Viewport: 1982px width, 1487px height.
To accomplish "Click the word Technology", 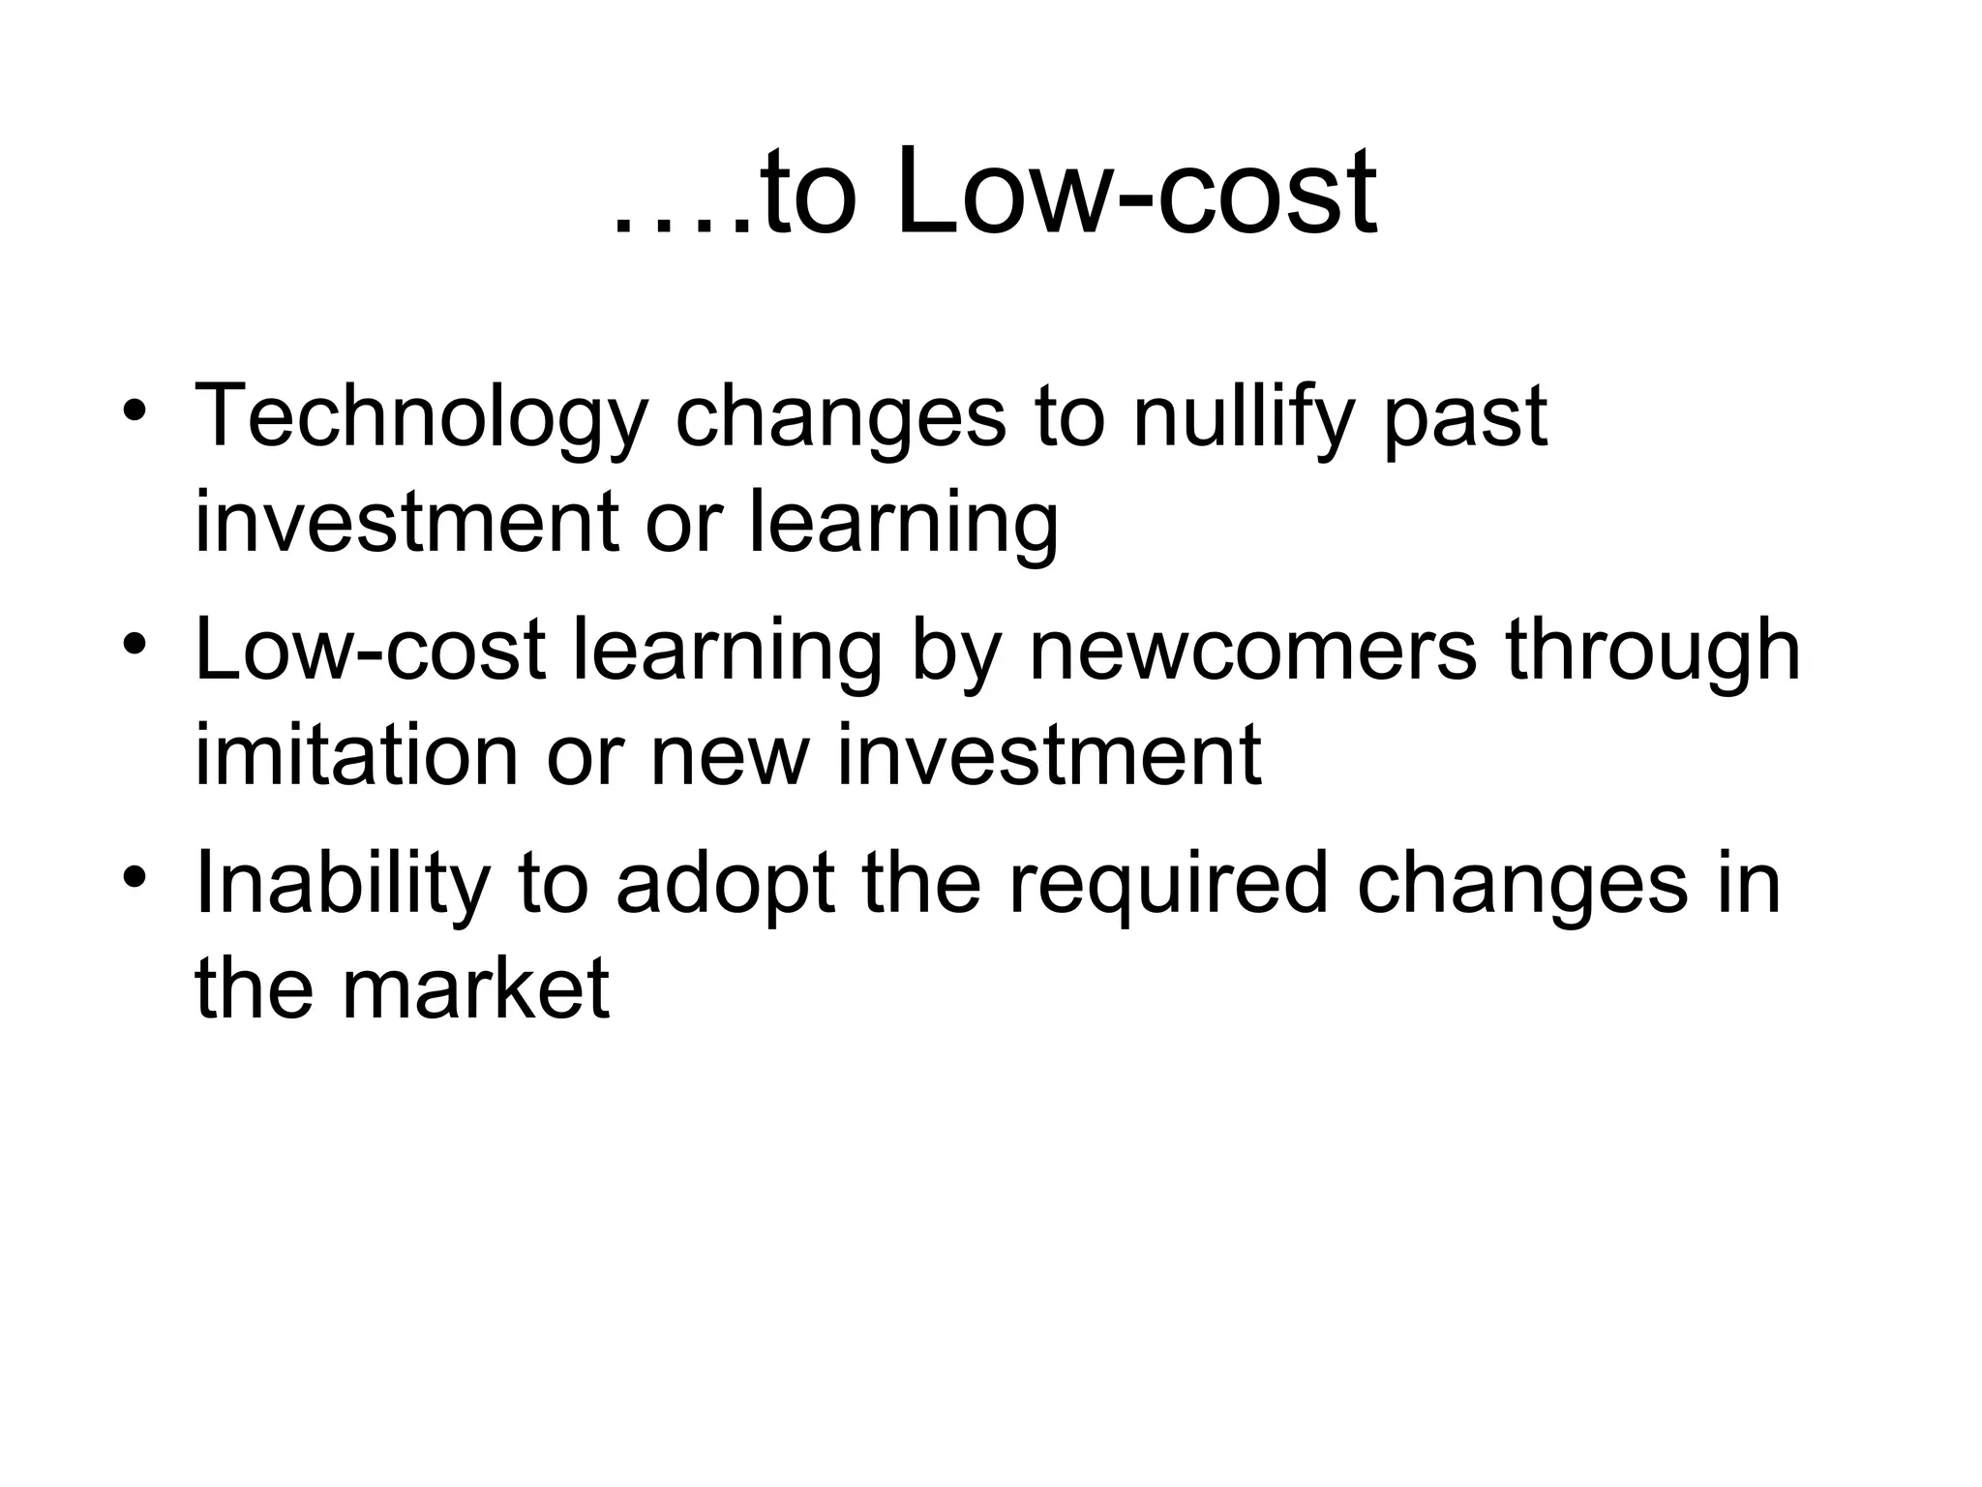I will tap(420, 418).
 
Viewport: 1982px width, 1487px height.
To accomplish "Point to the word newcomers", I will tap(1252, 651).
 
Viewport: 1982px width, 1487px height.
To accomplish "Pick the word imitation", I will tap(356, 755).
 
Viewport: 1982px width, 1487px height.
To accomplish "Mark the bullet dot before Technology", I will tap(135, 408).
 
